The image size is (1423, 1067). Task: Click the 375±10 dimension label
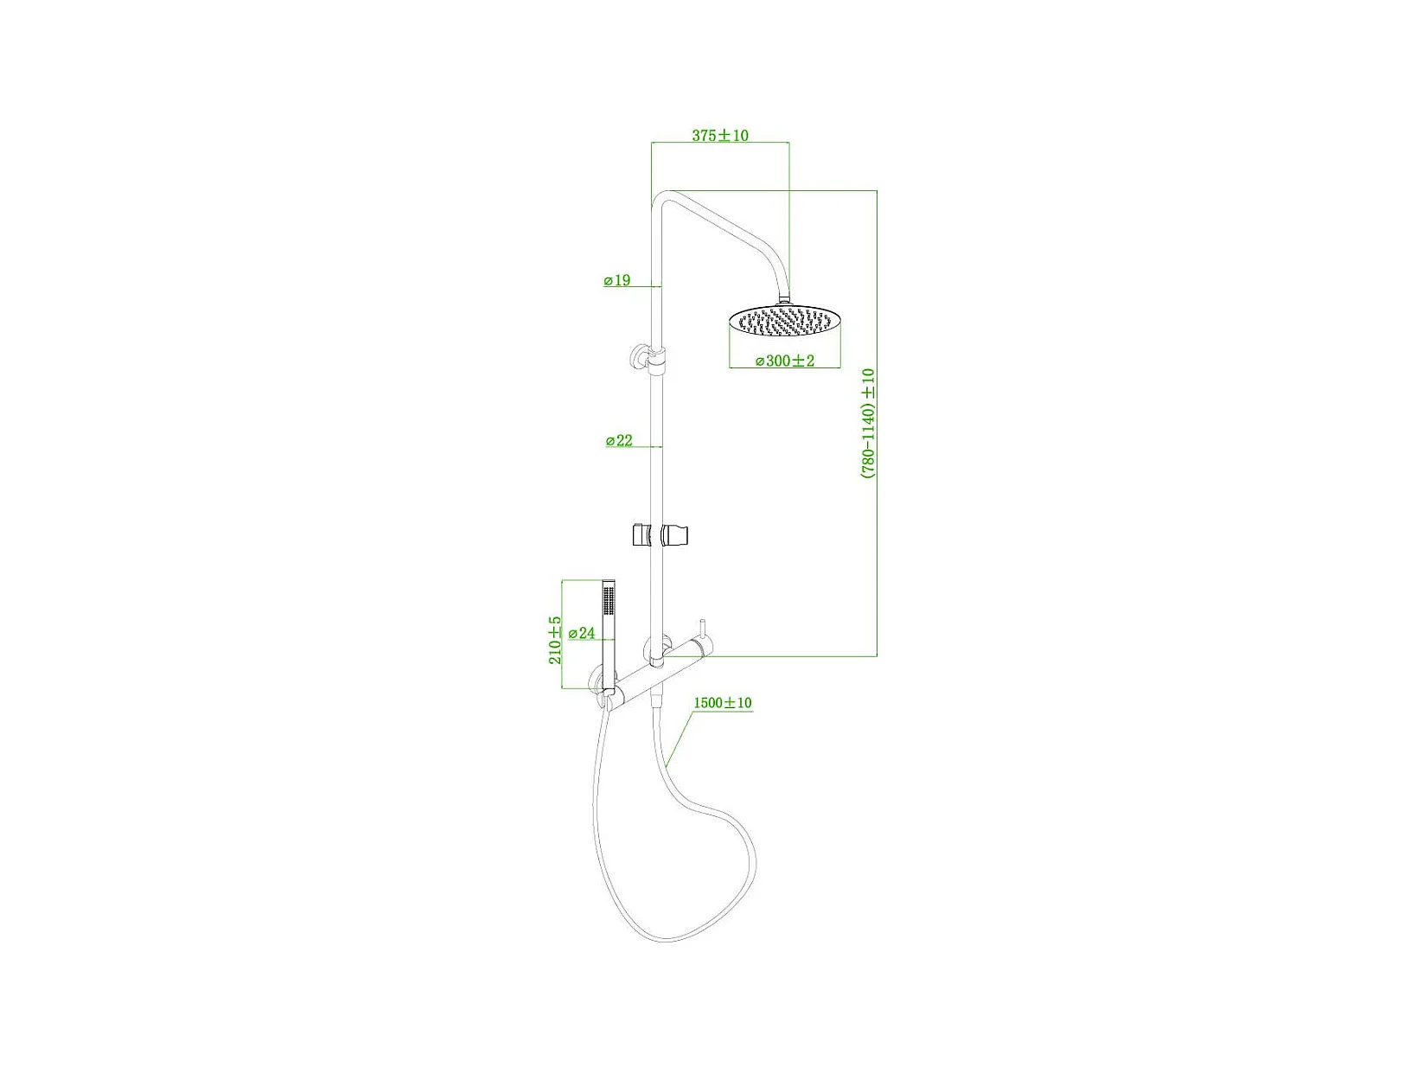pyautogui.click(x=719, y=136)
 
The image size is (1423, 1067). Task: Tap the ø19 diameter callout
pyautogui.click(x=617, y=281)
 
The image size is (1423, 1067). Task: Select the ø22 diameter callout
pyautogui.click(x=619, y=441)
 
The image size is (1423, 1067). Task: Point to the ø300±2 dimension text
pyautogui.click(x=785, y=361)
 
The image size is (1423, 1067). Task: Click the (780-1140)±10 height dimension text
pyautogui.click(x=868, y=424)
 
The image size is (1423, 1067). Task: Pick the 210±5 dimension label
pyautogui.click(x=555, y=640)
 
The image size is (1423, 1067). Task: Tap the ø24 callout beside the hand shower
pyautogui.click(x=582, y=634)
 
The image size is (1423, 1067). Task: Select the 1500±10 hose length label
pyautogui.click(x=723, y=704)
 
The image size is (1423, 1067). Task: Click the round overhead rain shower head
pyautogui.click(x=784, y=323)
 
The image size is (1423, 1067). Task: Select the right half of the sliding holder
pyautogui.click(x=676, y=535)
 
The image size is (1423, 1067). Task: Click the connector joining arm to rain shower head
pyautogui.click(x=785, y=299)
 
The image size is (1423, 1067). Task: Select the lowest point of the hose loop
pyautogui.click(x=666, y=941)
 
